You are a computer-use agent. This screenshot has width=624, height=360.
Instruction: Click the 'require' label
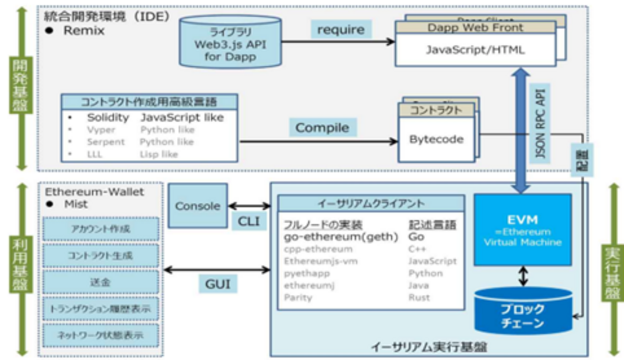tap(341, 30)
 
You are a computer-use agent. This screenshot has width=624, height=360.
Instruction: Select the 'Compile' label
tap(322, 128)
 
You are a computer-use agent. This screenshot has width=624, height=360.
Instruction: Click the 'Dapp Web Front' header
tap(475, 27)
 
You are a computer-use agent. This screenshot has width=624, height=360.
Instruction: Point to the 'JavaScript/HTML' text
tap(475, 49)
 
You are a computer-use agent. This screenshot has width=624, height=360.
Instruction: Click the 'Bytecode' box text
tap(436, 140)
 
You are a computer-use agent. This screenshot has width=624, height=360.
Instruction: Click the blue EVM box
tap(522, 230)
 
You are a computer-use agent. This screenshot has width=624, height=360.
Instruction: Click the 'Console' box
tap(198, 206)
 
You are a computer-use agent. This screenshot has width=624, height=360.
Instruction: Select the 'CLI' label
tap(249, 221)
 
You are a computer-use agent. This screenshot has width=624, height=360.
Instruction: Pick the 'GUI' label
tap(217, 284)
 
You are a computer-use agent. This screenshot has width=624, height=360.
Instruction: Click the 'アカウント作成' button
tap(101, 229)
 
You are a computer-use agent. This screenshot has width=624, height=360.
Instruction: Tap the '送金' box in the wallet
tap(101, 282)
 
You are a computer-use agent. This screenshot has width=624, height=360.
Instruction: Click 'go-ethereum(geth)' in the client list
tap(341, 237)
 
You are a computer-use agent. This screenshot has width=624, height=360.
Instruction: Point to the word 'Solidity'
tap(108, 118)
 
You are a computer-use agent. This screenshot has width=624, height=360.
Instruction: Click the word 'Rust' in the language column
tap(419, 298)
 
